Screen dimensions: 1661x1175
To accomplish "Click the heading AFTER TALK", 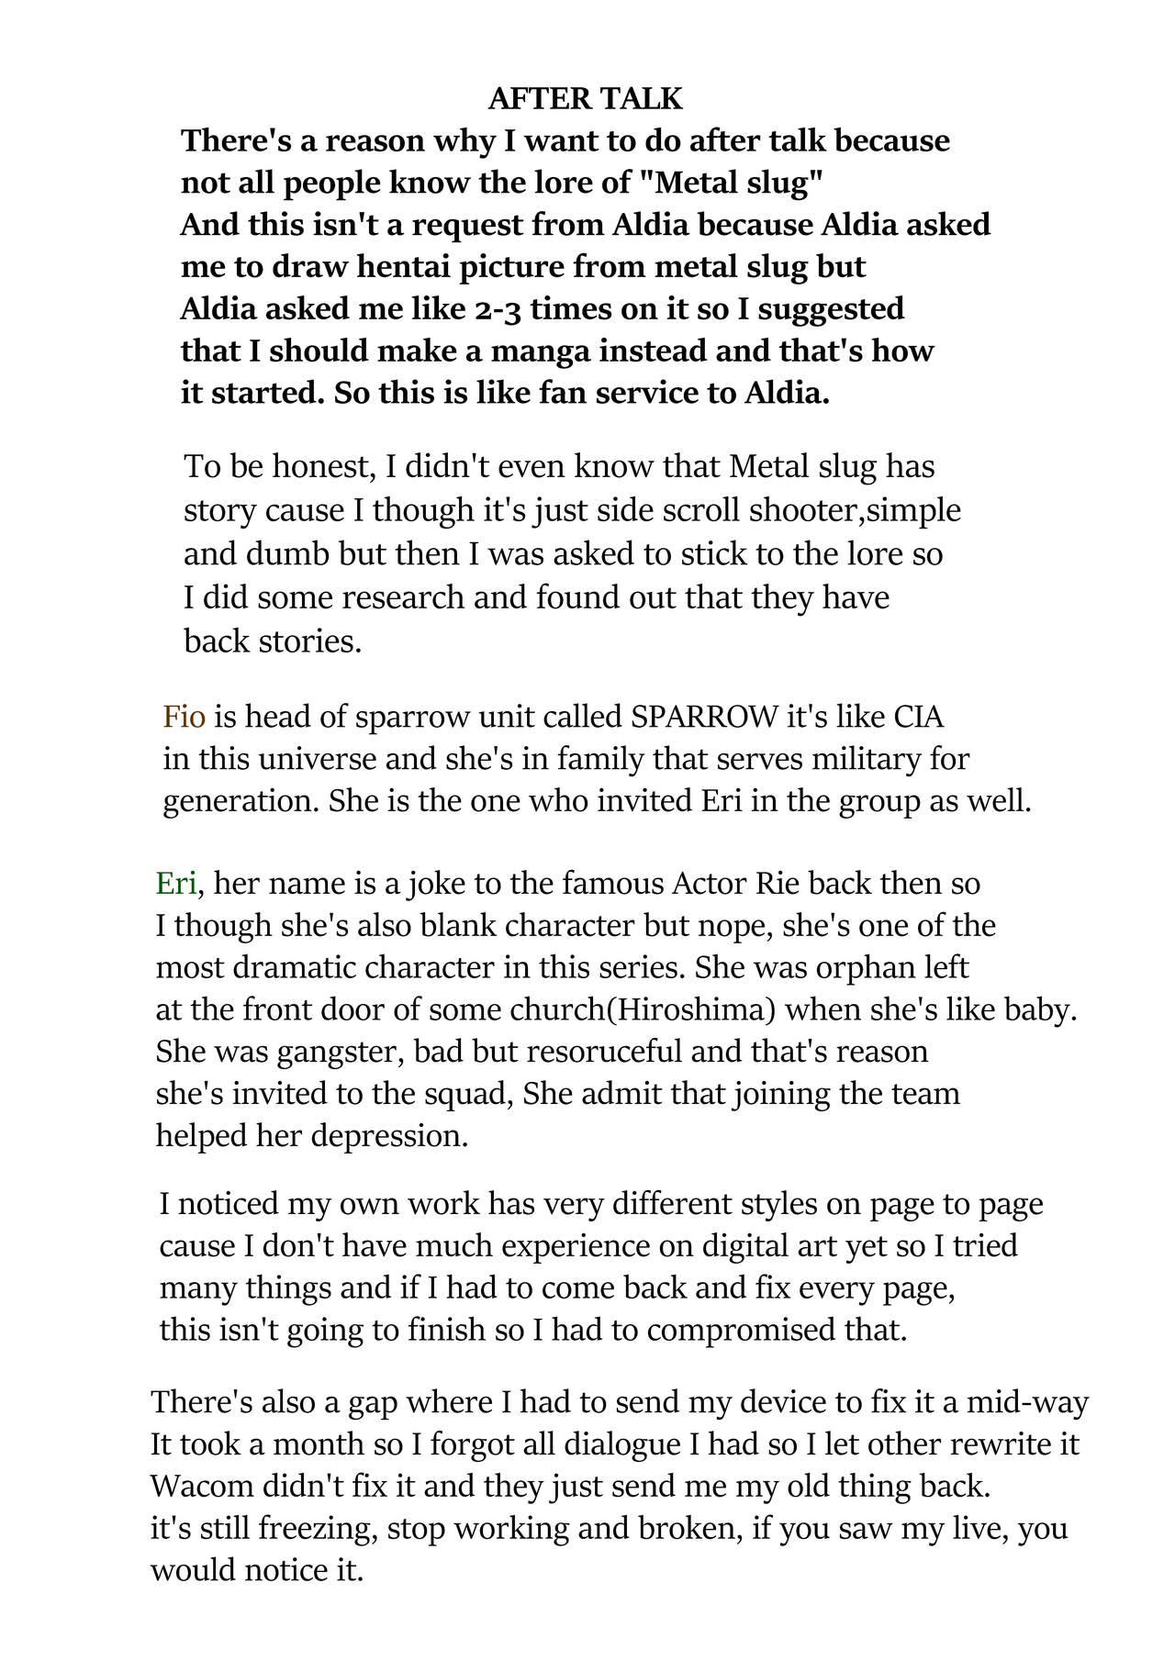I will coord(586,98).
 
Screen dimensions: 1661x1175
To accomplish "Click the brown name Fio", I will coord(184,716).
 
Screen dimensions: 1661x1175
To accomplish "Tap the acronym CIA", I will coord(918,716).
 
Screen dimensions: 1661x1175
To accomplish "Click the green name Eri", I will coord(176,883).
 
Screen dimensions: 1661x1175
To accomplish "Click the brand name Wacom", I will coord(202,1486).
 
